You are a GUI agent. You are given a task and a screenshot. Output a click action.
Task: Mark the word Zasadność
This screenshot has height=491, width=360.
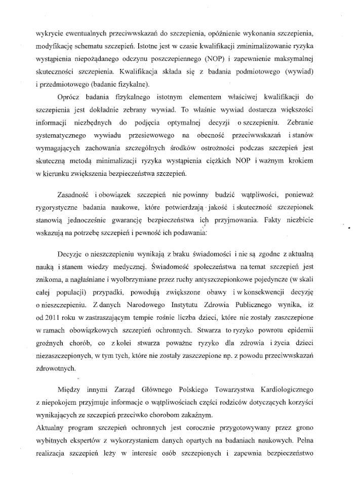point(75,196)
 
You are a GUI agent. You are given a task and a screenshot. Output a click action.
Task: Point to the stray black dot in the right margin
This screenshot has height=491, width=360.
point(350,229)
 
